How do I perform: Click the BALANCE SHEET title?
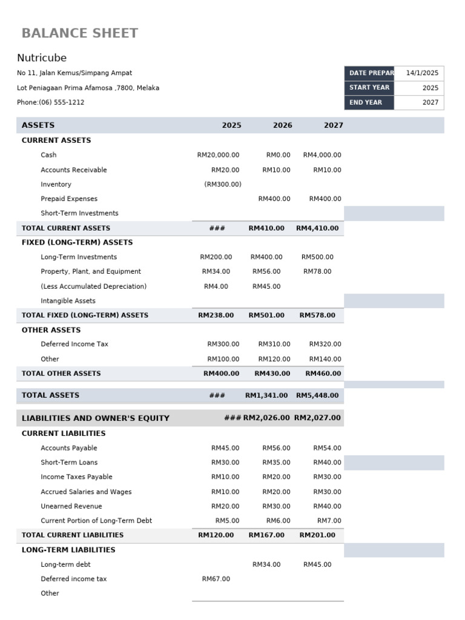(x=80, y=33)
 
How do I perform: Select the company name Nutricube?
(x=42, y=58)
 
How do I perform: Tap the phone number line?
(x=51, y=102)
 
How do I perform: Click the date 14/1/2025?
(x=422, y=73)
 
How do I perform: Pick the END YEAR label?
(x=366, y=102)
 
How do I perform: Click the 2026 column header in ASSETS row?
(x=282, y=125)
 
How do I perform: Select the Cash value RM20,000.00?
(x=218, y=155)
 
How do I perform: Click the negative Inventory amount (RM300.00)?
(x=222, y=184)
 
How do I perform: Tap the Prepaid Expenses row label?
(x=69, y=199)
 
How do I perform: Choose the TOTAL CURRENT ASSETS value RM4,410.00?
(x=317, y=228)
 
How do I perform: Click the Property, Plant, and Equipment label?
(x=91, y=271)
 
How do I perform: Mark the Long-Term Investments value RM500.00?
(x=317, y=257)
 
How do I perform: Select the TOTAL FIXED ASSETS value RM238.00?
(x=216, y=315)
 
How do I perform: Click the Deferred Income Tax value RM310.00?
(x=274, y=344)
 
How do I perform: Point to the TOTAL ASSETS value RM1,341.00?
(x=266, y=395)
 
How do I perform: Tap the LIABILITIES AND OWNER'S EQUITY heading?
(x=96, y=418)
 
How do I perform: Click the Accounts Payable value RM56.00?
(x=276, y=448)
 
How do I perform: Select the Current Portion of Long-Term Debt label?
(x=96, y=521)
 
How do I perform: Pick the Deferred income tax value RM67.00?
(x=216, y=579)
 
